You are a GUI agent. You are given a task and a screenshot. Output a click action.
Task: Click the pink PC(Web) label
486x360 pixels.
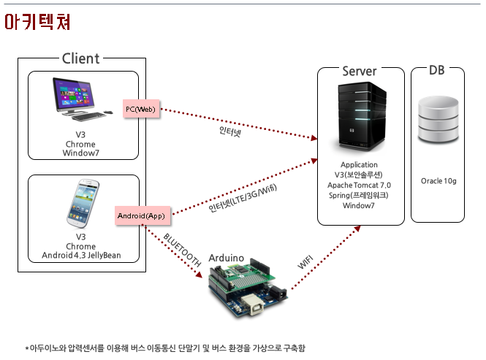pos(141,109)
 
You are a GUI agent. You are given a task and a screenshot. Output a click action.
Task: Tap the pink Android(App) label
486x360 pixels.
pos(143,215)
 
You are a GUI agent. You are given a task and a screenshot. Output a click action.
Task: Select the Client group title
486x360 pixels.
pos(81,58)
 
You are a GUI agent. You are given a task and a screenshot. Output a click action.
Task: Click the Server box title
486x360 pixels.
pos(360,72)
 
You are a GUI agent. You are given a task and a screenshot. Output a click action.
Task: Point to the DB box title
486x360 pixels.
pos(437,70)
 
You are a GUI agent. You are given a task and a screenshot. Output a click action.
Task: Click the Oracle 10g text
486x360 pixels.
pos(438,181)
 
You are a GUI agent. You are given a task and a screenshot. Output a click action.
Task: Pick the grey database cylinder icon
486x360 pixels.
pos(438,120)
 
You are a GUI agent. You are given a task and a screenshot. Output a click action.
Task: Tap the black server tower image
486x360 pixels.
pos(362,116)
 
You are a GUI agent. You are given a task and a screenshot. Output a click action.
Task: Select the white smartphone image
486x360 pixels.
pos(83,203)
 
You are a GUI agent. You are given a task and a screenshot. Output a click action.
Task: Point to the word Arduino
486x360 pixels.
pos(227,258)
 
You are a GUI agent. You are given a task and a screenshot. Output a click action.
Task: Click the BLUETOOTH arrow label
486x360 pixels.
pos(182,250)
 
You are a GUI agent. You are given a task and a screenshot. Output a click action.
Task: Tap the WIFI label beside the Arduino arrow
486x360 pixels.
pos(305,262)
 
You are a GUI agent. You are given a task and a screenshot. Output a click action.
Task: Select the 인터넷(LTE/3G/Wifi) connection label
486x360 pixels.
pos(243,198)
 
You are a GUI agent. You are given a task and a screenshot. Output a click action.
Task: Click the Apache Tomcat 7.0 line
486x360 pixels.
pos(360,185)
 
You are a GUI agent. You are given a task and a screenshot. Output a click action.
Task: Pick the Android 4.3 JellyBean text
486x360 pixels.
pos(81,256)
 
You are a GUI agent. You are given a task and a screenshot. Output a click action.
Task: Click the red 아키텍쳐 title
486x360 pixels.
pos(37,22)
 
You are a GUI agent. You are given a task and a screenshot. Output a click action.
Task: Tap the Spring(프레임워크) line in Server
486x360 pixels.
pos(359,195)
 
